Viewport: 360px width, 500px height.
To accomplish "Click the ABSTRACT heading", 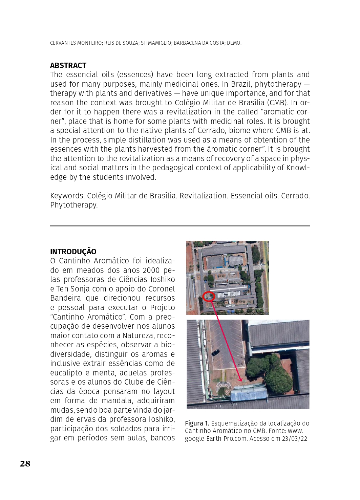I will tap(68, 65).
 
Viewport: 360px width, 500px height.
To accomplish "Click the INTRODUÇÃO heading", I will tap(73, 252).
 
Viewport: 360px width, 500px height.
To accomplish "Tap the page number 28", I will tap(25, 463).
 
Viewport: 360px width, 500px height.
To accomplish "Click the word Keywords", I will tap(67, 196).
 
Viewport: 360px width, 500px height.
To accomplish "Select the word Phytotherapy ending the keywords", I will tap(73, 205).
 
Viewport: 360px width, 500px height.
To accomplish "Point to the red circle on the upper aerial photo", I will tap(209, 297).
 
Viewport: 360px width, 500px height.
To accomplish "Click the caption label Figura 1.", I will tap(197, 423).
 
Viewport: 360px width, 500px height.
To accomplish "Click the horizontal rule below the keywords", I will tap(180, 226).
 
